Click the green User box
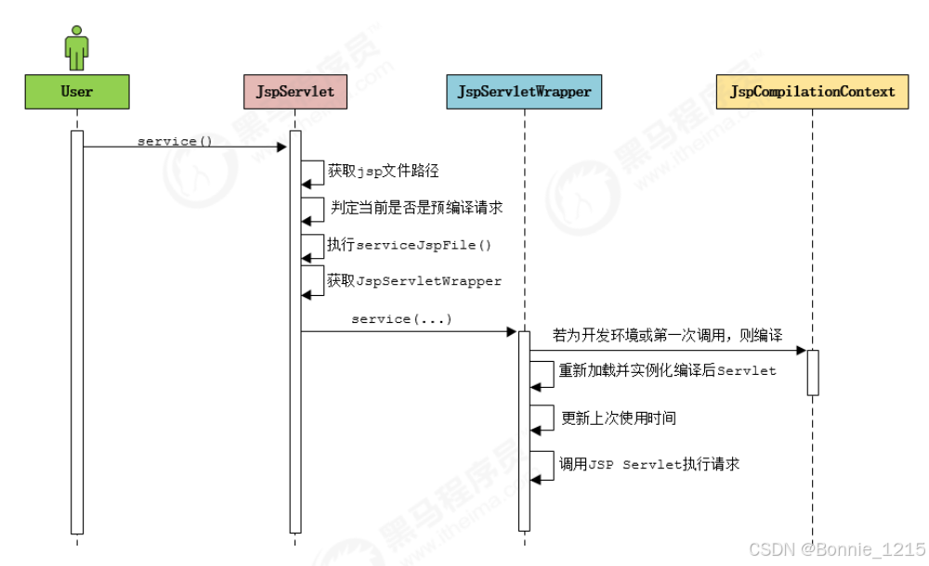pos(76,92)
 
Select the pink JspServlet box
pos(294,92)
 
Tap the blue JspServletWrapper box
pos(524,92)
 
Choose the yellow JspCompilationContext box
pos(812,92)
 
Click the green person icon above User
pos(76,45)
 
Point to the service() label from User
pos(175,141)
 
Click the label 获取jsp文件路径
pos(383,171)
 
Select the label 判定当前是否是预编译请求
pos(416,208)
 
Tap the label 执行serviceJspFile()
pos(409,245)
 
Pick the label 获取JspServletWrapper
pos(414,280)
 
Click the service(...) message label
pos(401,319)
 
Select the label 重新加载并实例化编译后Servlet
pos(667,370)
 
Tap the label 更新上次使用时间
pos(619,418)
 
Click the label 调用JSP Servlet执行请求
pos(648,464)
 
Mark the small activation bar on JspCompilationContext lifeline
pos(812,372)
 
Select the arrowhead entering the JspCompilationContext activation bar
pos(801,350)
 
